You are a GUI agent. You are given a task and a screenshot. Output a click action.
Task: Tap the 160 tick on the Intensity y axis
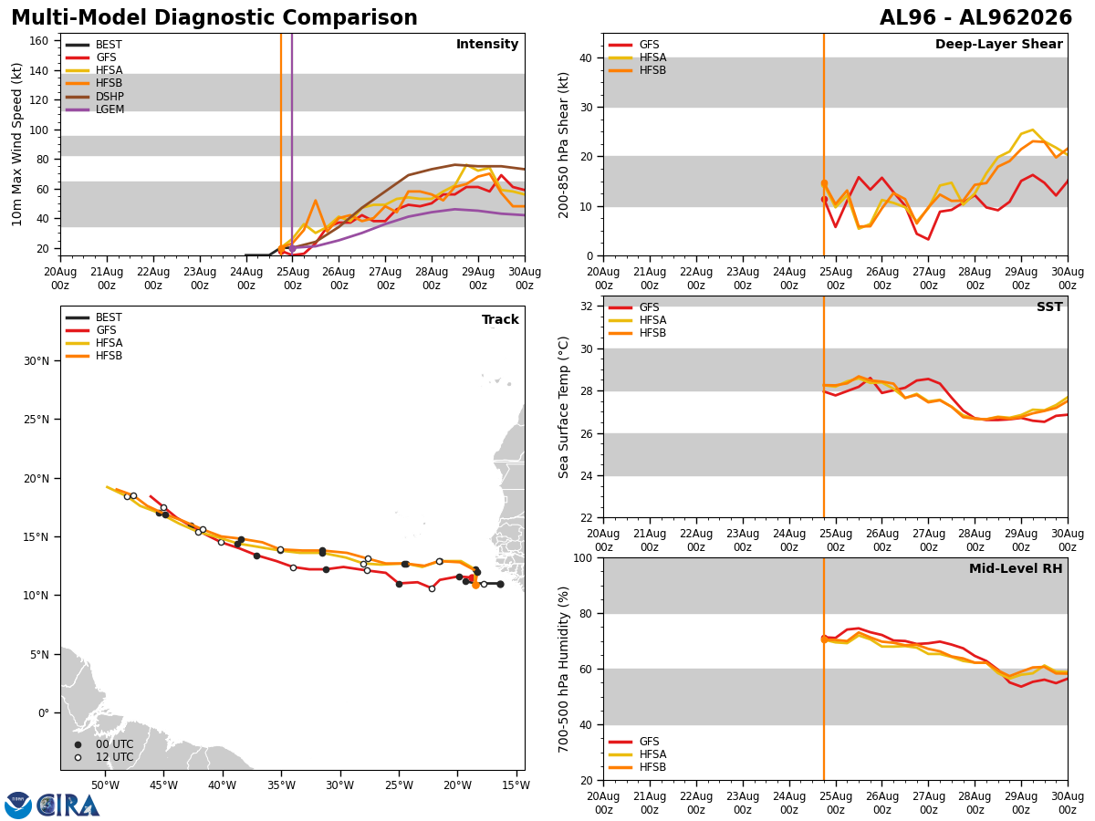coord(38,41)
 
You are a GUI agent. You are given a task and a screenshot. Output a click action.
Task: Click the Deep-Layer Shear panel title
coord(998,44)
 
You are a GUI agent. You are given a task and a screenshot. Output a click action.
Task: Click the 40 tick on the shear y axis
coord(586,57)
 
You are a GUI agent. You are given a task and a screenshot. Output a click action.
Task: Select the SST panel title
coord(1049,307)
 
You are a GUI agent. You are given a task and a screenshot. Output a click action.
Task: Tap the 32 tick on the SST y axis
coord(586,307)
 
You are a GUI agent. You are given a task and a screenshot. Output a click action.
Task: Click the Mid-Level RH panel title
coord(1016,568)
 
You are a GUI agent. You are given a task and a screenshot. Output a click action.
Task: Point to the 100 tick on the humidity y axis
coord(583,557)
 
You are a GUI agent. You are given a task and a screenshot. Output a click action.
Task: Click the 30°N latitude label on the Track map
coord(36,361)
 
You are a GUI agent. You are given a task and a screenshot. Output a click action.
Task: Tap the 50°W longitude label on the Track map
coord(105,785)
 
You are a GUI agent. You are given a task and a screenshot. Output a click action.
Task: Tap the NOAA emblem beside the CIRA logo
coord(18,805)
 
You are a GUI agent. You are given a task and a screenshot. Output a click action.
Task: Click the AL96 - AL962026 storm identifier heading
coord(975,17)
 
